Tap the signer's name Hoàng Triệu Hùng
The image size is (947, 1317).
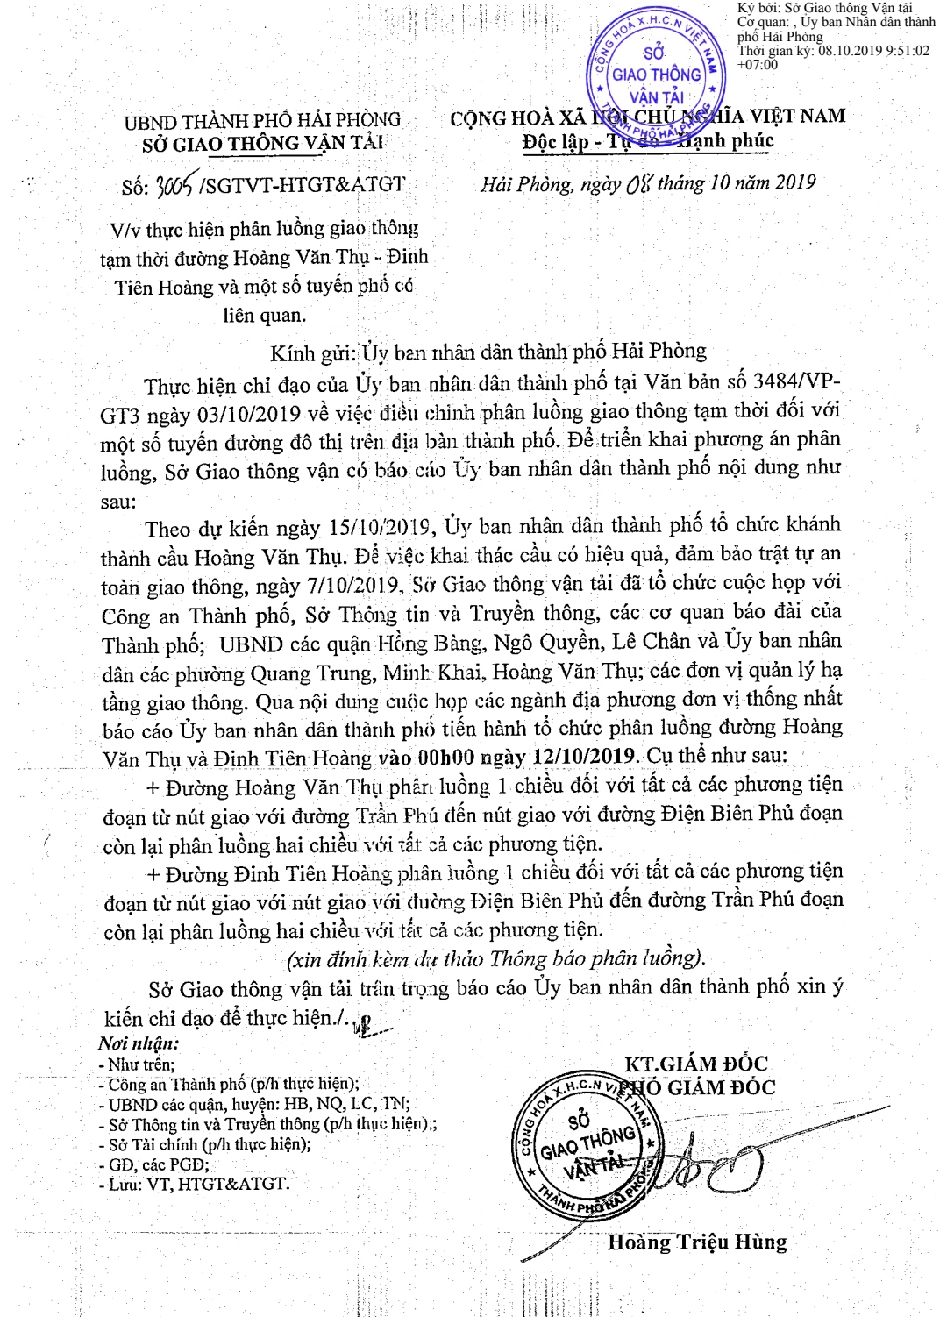[697, 1242]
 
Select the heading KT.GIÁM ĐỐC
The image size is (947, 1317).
[695, 1064]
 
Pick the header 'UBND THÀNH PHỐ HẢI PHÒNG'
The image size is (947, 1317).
[262, 120]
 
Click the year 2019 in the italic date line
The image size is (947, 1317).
[794, 182]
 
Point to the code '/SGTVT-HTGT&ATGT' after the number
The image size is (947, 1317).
[303, 185]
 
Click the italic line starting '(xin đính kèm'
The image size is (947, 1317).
[495, 958]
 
